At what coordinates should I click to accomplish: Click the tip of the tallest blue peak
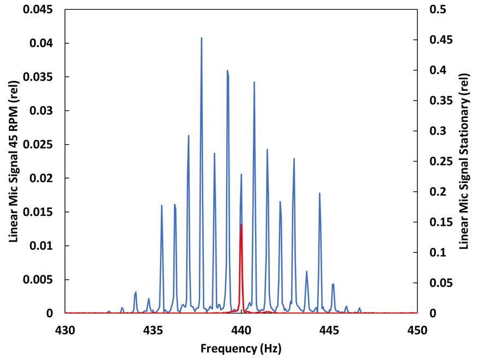[x=201, y=38]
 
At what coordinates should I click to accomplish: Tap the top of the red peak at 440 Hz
[x=241, y=224]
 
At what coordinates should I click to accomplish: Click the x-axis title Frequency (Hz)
[x=241, y=348]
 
